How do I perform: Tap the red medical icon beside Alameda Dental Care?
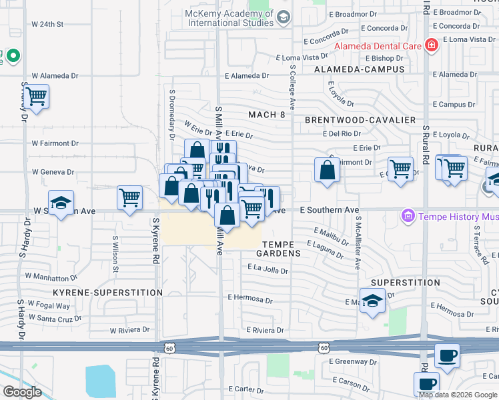432,45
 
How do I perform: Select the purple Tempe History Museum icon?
407,216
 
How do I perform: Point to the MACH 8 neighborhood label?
266,115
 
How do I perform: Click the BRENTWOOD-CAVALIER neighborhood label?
360,120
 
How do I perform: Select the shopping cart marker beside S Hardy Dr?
37,97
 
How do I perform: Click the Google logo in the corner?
22,392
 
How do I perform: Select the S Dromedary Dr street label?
172,117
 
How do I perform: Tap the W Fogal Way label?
47,306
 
